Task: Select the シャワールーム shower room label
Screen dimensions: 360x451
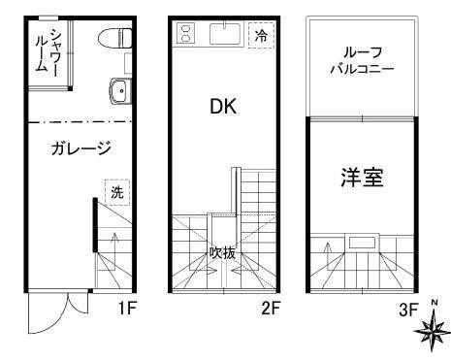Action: coord(48,49)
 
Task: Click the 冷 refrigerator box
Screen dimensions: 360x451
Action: coord(260,35)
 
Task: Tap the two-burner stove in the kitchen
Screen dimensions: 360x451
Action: coord(185,34)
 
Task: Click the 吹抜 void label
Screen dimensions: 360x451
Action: coord(223,251)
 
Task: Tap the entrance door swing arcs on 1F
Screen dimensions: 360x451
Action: coord(58,311)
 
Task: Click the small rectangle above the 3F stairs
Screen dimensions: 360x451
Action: coord(362,242)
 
